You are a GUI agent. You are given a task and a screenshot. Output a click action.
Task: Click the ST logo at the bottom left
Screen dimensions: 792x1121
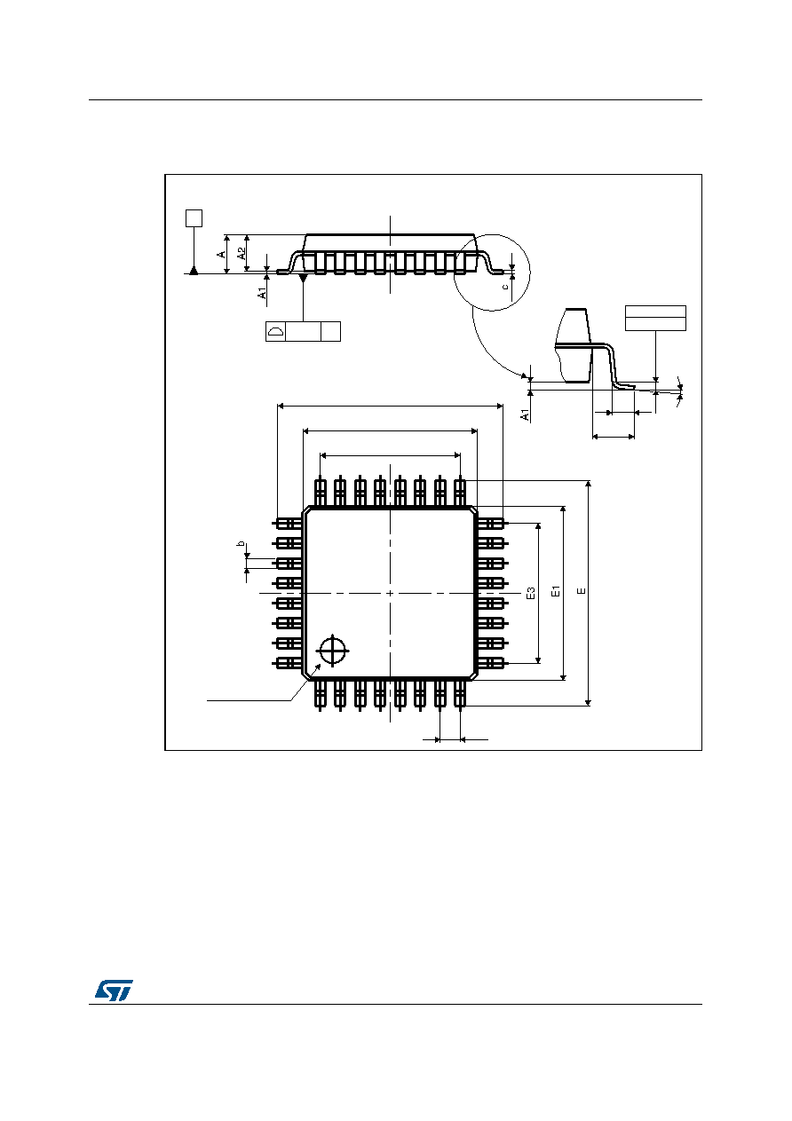(115, 990)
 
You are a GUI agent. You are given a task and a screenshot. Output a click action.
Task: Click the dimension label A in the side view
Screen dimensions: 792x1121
(221, 254)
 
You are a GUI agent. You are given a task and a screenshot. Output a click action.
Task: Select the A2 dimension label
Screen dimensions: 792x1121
(242, 253)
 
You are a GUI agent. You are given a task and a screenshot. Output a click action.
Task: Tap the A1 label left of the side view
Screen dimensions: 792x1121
(262, 293)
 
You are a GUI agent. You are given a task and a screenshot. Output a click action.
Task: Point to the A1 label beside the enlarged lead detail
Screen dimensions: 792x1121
(525, 414)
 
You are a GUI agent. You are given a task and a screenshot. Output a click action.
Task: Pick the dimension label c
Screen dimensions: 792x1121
(505, 287)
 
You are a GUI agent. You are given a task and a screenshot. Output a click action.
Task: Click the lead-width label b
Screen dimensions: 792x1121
(241, 543)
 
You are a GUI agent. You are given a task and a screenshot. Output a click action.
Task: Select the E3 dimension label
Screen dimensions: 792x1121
(531, 593)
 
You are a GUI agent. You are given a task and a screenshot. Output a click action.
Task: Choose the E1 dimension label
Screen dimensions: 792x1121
(555, 591)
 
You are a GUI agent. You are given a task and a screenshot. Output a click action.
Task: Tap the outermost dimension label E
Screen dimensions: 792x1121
(582, 591)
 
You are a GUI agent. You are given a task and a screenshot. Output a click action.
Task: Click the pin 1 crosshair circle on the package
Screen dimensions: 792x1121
(333, 651)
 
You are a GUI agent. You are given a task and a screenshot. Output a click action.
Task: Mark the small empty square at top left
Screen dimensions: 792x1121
(194, 218)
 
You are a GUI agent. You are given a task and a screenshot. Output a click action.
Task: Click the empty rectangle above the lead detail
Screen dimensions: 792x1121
(655, 319)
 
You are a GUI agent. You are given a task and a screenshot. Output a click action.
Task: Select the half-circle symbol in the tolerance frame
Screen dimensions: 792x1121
(275, 331)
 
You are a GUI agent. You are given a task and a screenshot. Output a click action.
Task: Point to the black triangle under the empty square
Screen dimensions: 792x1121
(194, 271)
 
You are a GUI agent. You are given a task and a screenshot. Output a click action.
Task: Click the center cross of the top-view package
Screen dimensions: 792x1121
(390, 594)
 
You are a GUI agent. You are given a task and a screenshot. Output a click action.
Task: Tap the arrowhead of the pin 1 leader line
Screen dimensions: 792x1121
(319, 667)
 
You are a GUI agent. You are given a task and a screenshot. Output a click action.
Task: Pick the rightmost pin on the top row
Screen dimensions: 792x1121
(460, 491)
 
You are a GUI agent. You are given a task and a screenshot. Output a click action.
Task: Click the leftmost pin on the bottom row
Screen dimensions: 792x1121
(320, 695)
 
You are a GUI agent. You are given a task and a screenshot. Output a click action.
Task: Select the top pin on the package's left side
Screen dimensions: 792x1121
(288, 524)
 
